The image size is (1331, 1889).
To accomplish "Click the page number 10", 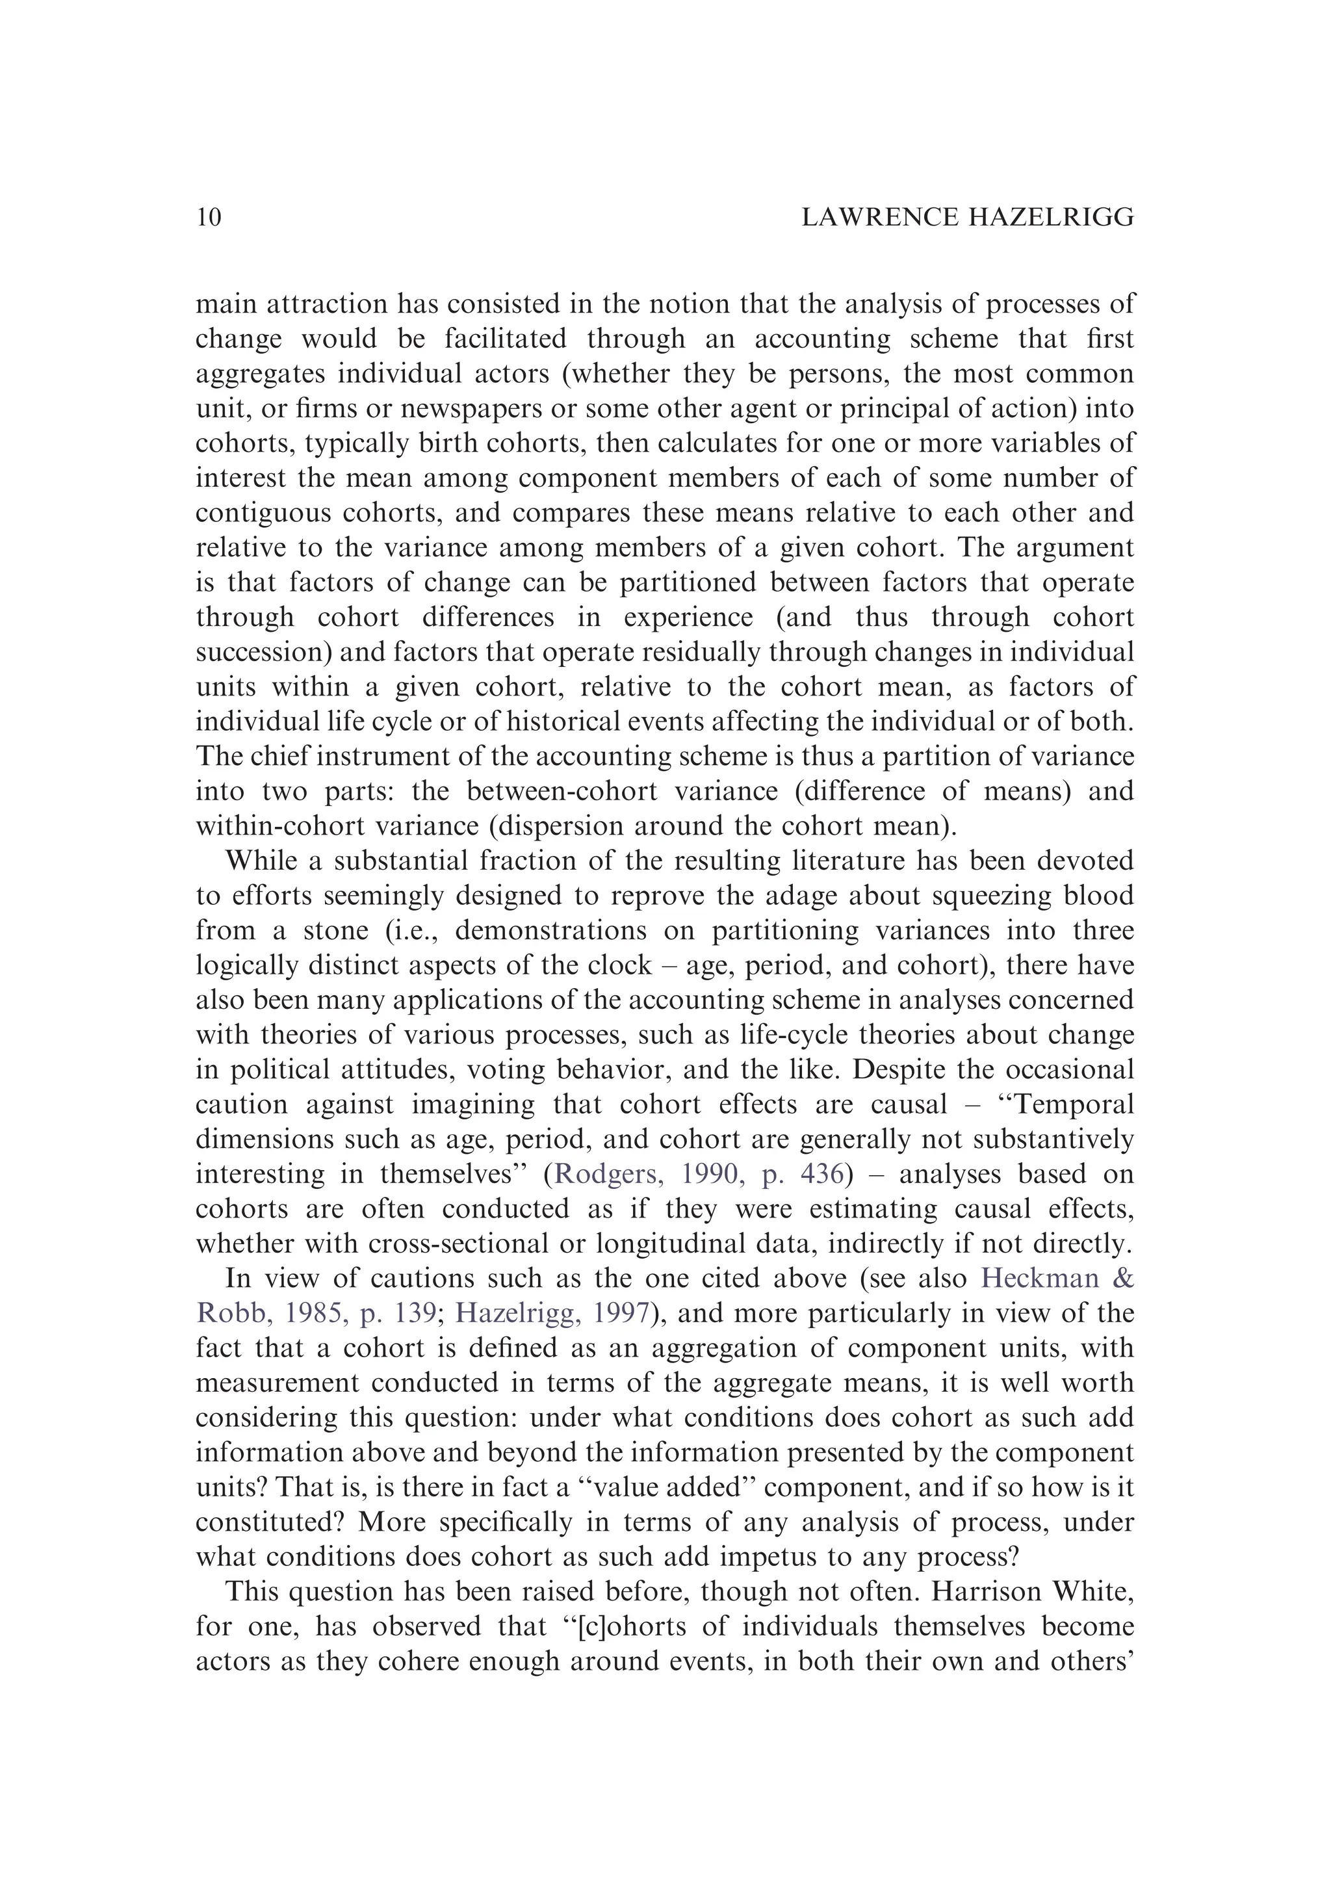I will pyautogui.click(x=209, y=217).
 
